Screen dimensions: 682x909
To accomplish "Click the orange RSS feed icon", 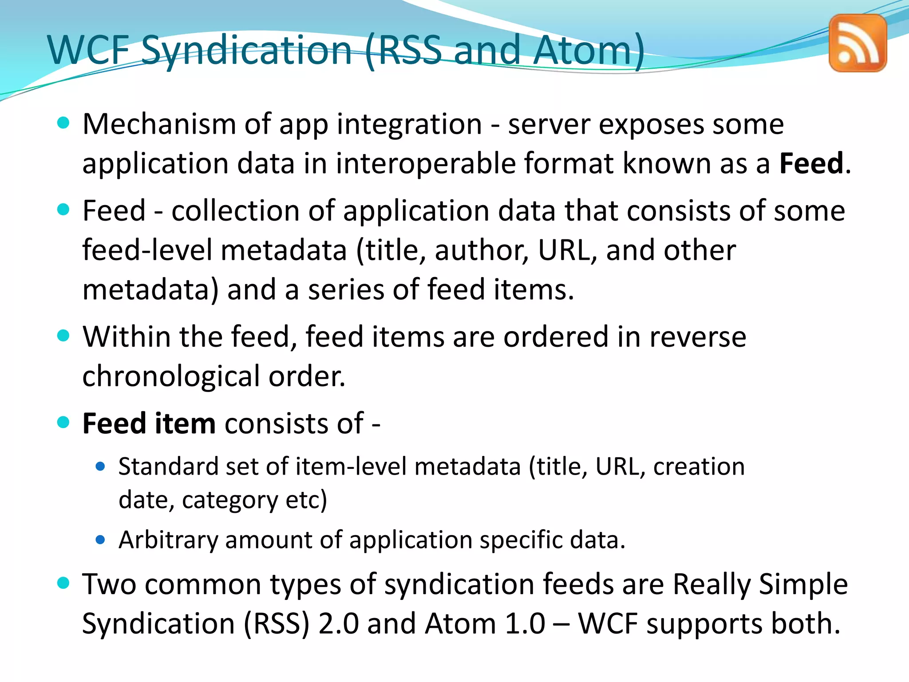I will pyautogui.click(x=858, y=43).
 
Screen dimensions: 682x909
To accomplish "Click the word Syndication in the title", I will pyautogui.click(x=246, y=51).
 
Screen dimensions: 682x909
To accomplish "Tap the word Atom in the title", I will pyautogui.click(x=581, y=50).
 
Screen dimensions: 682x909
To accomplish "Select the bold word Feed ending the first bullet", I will pyautogui.click(x=811, y=163).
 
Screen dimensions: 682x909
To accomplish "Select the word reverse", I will pyautogui.click(x=698, y=337).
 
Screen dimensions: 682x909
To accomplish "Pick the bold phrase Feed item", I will pyautogui.click(x=149, y=424).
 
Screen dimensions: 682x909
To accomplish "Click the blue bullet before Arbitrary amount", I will pyautogui.click(x=100, y=540).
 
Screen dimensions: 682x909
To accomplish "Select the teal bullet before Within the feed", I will pyautogui.click(x=64, y=336).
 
